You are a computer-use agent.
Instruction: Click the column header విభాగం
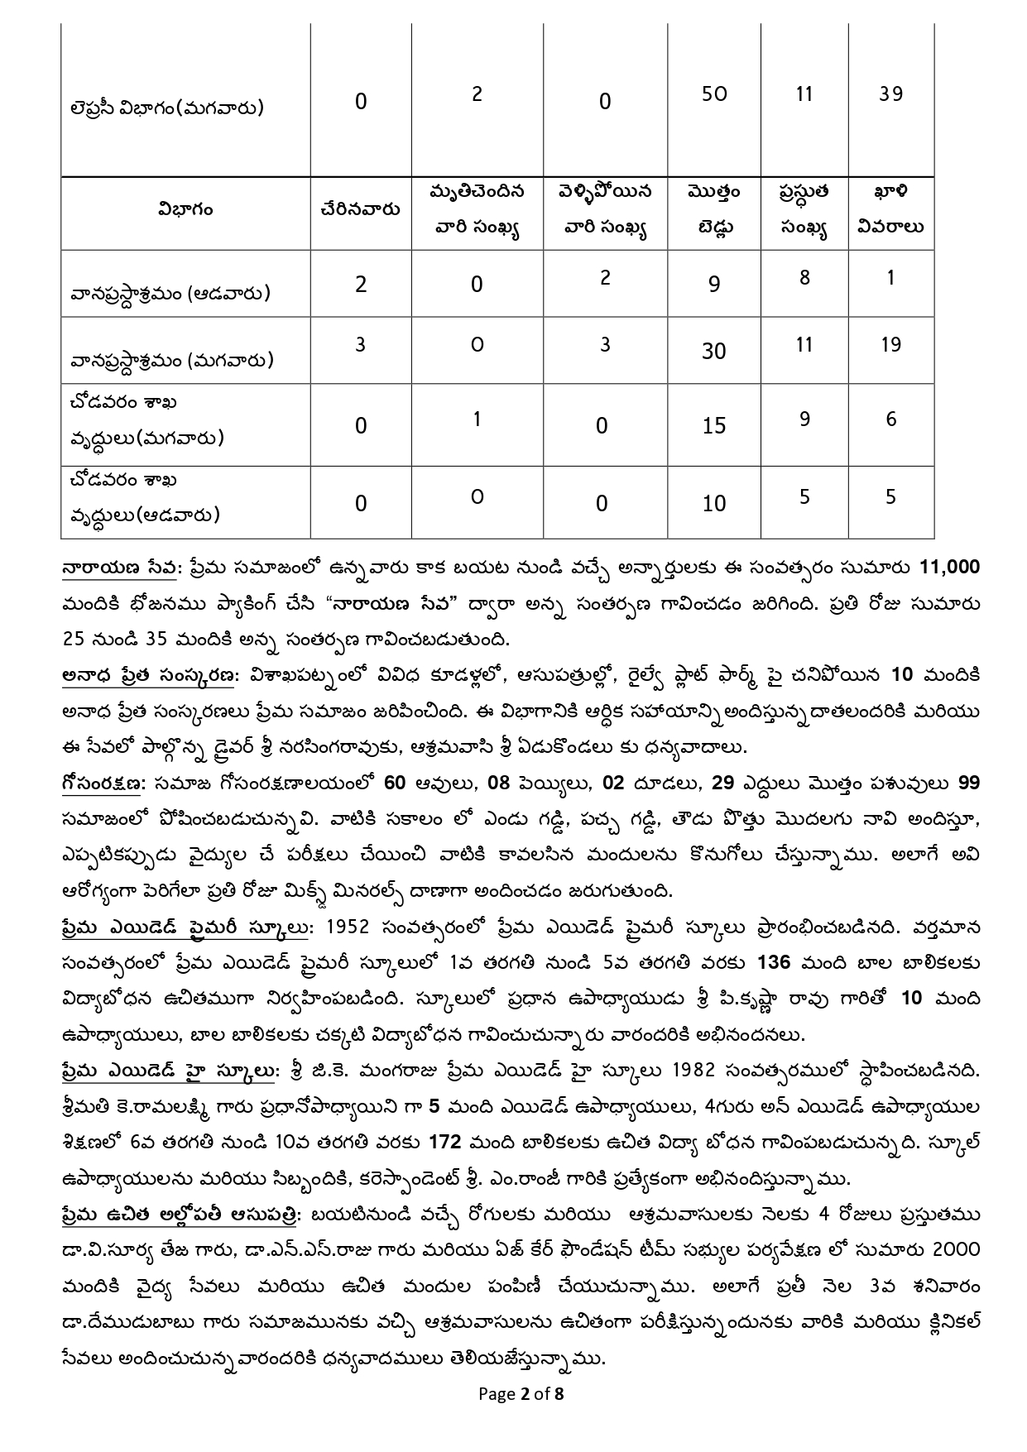tap(185, 210)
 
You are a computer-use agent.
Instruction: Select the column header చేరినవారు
tap(360, 210)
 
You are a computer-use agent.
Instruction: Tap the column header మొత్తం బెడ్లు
tap(713, 210)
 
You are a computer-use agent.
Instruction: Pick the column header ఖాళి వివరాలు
tap(890, 210)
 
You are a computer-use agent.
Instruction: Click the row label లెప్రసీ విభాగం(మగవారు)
tap(167, 108)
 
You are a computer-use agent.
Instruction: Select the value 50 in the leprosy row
tap(713, 93)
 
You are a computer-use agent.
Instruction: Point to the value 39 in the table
tap(890, 93)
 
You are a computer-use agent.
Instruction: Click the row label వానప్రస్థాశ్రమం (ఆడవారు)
tap(170, 293)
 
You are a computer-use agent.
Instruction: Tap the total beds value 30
tap(713, 352)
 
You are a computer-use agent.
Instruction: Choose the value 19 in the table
tap(890, 344)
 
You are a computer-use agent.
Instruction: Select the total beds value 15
tap(713, 425)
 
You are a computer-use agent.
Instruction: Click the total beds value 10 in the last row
tap(713, 503)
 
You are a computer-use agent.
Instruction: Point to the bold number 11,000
tap(949, 568)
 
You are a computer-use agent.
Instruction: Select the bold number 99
tap(968, 783)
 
